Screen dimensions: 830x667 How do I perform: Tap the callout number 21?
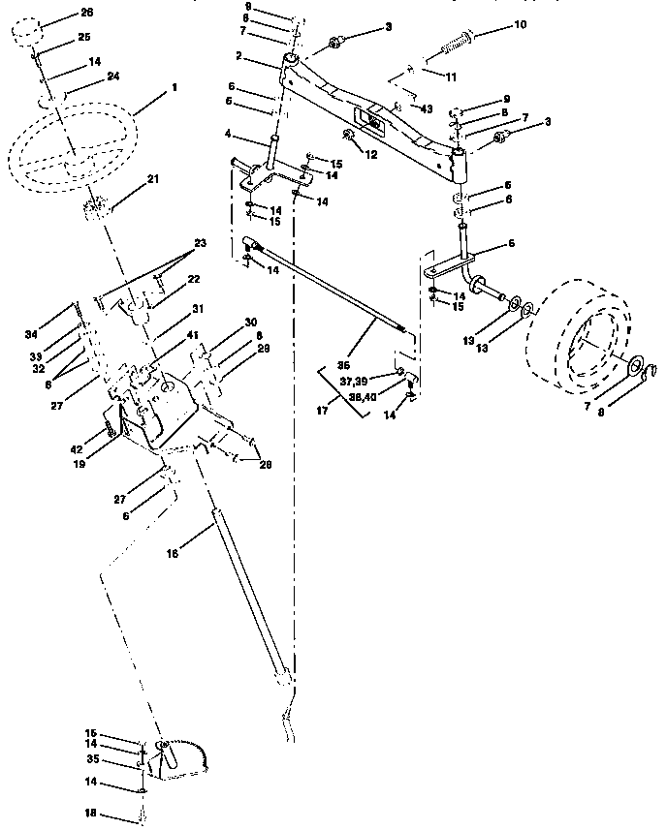click(153, 178)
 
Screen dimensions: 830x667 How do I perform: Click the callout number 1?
click(175, 88)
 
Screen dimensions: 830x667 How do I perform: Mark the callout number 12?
click(372, 154)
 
